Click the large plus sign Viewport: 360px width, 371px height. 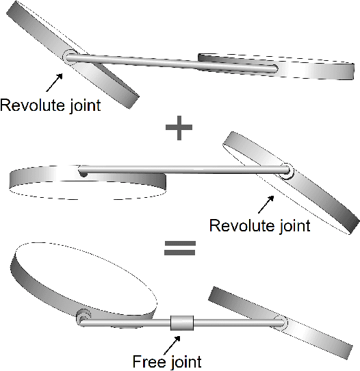point(179,128)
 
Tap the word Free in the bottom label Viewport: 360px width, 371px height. point(146,360)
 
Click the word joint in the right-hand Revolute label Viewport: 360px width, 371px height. point(292,225)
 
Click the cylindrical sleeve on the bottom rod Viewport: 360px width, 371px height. point(182,323)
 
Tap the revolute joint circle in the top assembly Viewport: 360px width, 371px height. point(68,58)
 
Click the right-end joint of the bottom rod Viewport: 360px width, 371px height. point(279,322)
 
